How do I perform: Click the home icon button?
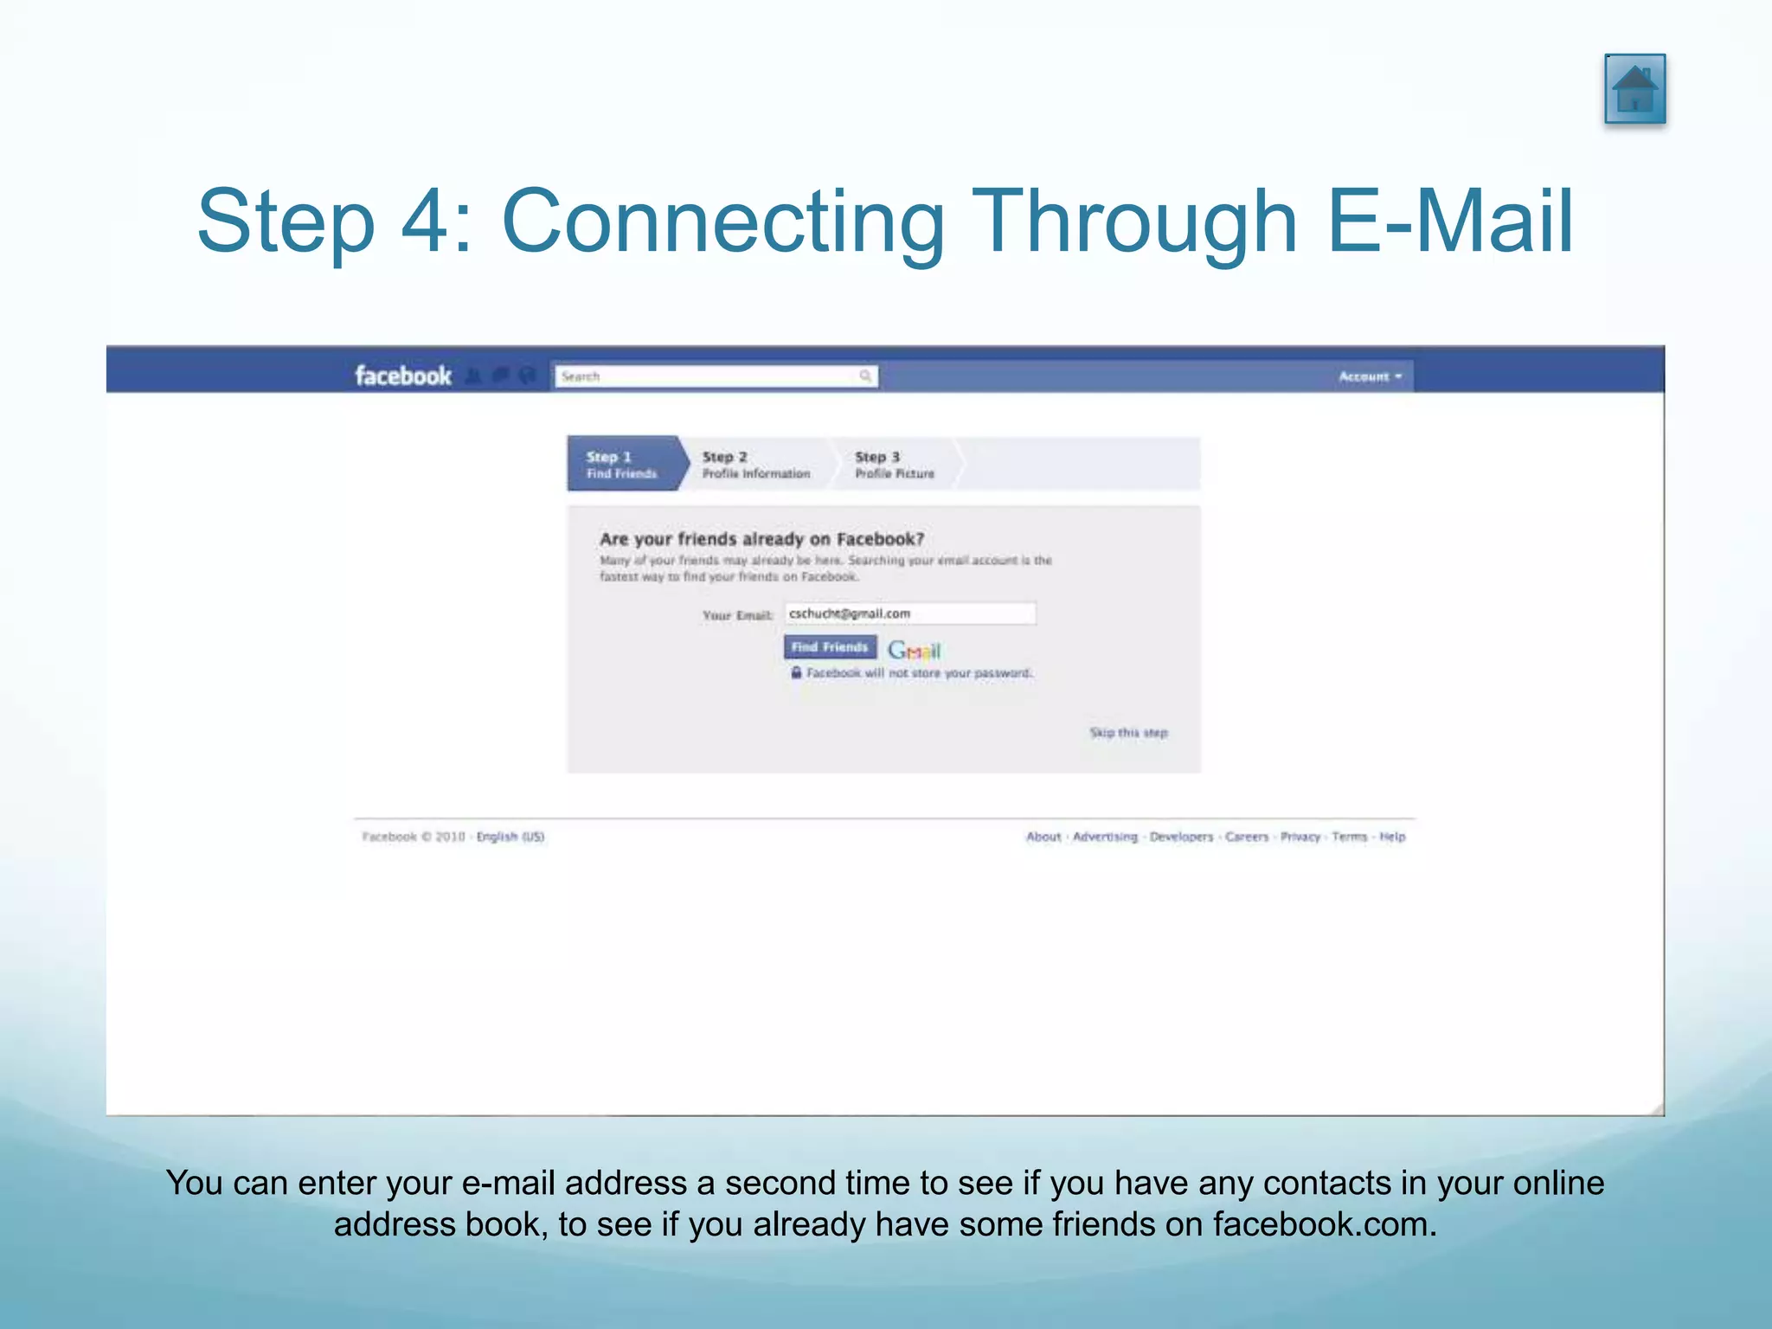(1634, 89)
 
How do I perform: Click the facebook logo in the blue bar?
(403, 376)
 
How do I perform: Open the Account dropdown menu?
(1370, 376)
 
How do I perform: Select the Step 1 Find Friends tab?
(622, 465)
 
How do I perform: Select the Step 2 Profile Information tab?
(755, 465)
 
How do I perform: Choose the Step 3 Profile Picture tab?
(895, 465)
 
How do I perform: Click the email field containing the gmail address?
(908, 613)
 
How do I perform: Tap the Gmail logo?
(914, 650)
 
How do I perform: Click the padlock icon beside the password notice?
(796, 672)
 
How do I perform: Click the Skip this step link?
(1128, 733)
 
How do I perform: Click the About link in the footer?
(1043, 837)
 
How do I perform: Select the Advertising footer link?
(1105, 837)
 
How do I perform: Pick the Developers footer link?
(1181, 837)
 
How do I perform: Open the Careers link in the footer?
(1247, 837)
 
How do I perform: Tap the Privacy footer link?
(1300, 837)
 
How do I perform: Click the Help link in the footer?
(1392, 837)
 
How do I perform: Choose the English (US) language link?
(510, 837)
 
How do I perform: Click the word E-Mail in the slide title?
(1449, 221)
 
